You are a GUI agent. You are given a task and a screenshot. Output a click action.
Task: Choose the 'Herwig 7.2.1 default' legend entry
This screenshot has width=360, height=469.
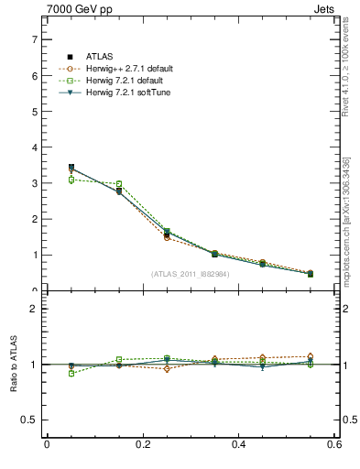[126, 80]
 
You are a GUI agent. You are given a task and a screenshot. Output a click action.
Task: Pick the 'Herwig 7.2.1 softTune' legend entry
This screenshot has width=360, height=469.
[128, 92]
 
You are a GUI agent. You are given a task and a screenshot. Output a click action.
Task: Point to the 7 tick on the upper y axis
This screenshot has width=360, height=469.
[34, 39]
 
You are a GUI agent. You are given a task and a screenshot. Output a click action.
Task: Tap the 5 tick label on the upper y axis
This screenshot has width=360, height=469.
[34, 112]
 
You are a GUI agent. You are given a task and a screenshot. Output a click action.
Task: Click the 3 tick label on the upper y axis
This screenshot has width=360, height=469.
[34, 183]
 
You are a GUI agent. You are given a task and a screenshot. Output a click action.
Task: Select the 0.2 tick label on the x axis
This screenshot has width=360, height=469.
[142, 445]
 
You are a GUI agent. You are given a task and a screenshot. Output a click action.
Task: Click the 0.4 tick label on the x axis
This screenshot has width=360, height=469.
[238, 445]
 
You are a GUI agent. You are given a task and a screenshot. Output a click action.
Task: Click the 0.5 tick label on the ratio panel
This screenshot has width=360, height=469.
[30, 420]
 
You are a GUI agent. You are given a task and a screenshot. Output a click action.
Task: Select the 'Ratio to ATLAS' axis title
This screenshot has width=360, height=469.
[13, 365]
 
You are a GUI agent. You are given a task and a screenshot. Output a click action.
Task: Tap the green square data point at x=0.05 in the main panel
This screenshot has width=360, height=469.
[71, 180]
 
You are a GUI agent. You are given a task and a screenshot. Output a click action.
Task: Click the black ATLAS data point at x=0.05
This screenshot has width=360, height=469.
[71, 168]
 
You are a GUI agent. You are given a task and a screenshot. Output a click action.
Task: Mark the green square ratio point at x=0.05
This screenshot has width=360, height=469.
[71, 374]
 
